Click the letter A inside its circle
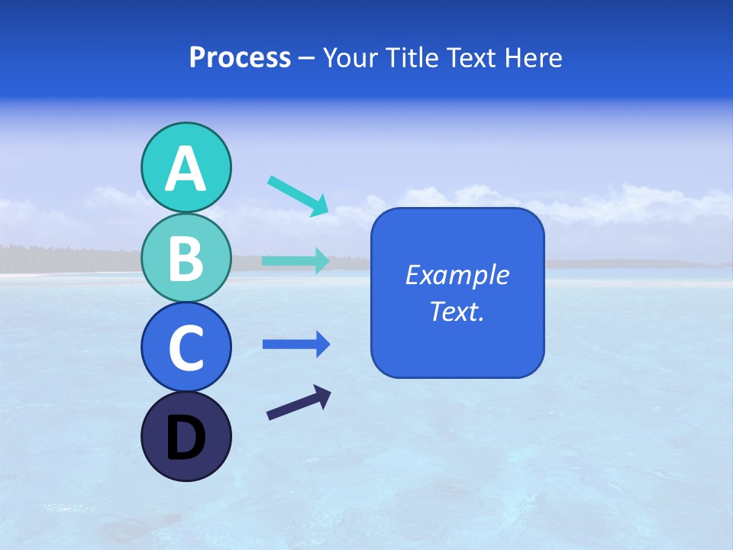coord(186,169)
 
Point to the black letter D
coord(186,438)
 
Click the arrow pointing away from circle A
coord(298,196)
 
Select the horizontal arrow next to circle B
coord(295,260)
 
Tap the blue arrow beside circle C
coord(295,345)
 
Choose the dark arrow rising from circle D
coord(299,403)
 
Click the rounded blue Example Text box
coord(457,336)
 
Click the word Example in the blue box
coord(457,275)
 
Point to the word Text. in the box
coord(457,311)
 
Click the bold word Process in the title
coord(240,57)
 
